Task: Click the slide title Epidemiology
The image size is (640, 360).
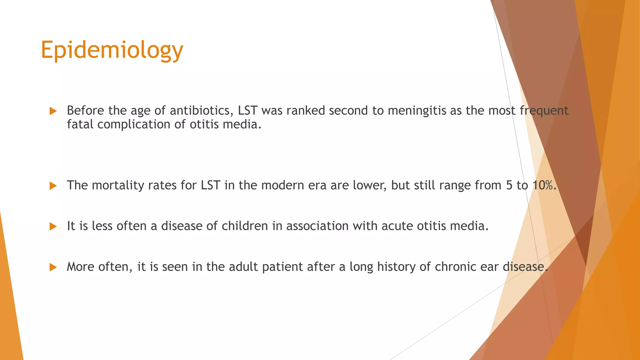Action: point(112,50)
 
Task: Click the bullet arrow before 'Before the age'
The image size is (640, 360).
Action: point(53,111)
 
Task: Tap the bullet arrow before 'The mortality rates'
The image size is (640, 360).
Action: point(53,186)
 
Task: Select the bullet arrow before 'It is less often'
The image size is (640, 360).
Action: point(53,227)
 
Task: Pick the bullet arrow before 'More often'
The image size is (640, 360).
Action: point(53,267)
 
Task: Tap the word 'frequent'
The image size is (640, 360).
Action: point(544,111)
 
